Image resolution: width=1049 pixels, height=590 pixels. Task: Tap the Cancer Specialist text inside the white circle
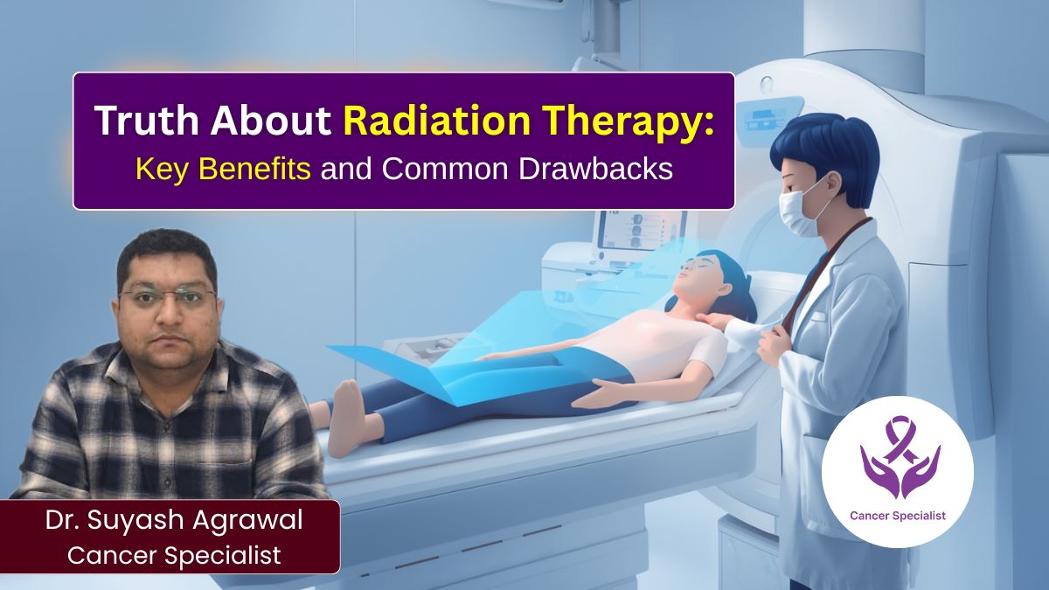click(897, 516)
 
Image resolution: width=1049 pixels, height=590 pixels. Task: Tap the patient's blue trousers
click(490, 385)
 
